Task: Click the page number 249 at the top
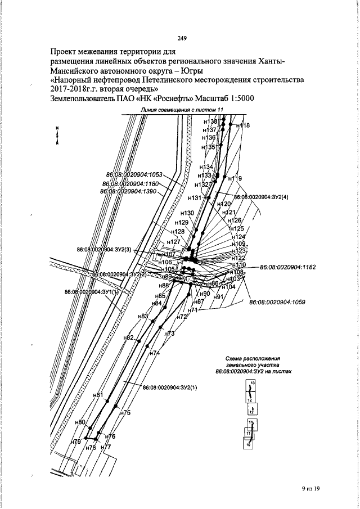(182, 38)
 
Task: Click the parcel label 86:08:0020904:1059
(277, 302)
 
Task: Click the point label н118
(242, 125)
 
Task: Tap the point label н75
(125, 413)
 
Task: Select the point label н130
(187, 213)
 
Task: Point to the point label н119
(235, 179)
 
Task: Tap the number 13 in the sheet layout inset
(253, 382)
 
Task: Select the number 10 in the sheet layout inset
(248, 445)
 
